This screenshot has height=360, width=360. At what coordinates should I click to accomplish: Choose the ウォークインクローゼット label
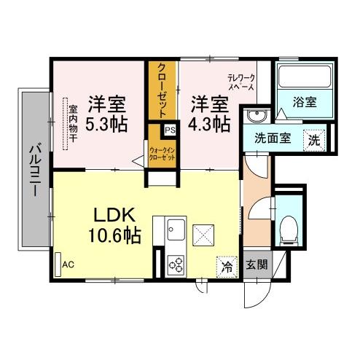pos(163,152)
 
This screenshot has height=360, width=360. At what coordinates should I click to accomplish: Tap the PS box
pos(170,130)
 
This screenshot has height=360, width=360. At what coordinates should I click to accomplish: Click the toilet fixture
pos(289,227)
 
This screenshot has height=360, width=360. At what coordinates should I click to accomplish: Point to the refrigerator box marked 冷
pos(227,267)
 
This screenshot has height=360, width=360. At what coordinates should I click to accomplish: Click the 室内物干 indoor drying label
pos(73,124)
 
